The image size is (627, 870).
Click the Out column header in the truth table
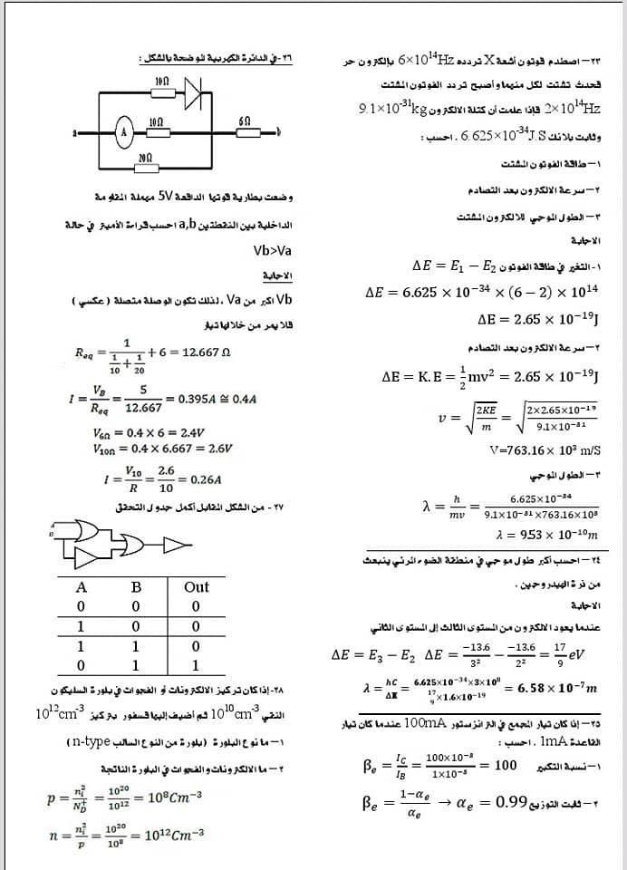(x=197, y=586)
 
